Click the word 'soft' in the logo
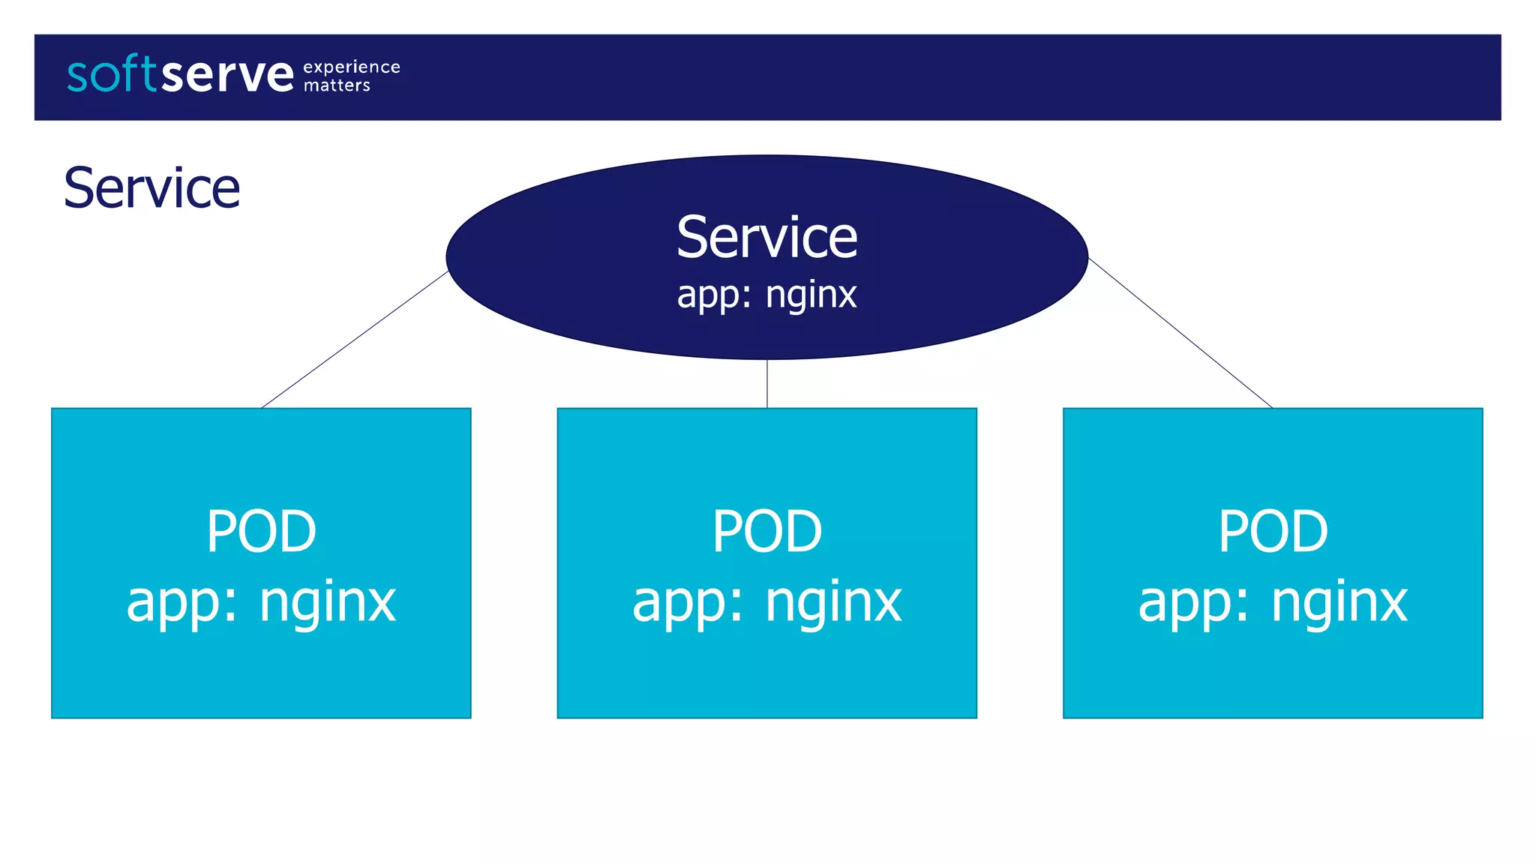[x=112, y=74]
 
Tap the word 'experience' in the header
[x=351, y=67]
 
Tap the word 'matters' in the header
[x=337, y=86]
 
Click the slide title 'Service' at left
[x=151, y=188]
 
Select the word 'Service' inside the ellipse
[x=766, y=238]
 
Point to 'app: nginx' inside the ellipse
[x=766, y=295]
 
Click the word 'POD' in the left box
[x=261, y=531]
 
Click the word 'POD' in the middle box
[x=766, y=531]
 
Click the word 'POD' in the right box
[x=1273, y=531]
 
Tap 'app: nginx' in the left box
[x=261, y=602]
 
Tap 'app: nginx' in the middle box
[x=766, y=602]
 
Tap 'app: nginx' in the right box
[x=1273, y=602]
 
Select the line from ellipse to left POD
[x=355, y=340]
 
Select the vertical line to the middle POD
[x=766, y=384]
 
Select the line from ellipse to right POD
[x=1180, y=333]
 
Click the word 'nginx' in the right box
[x=1339, y=602]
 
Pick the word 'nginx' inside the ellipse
[x=811, y=295]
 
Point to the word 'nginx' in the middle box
[x=833, y=602]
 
